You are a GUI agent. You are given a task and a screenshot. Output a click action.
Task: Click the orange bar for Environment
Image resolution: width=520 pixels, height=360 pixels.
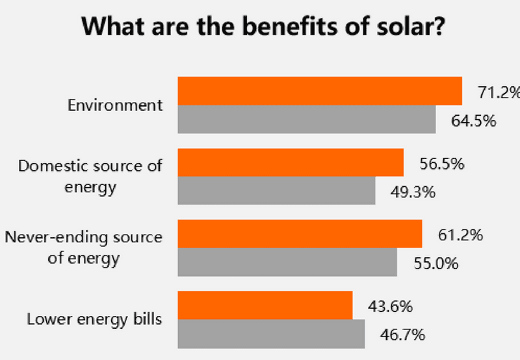(320, 91)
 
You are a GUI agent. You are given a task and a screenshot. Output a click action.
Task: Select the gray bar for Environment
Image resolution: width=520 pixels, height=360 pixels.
(307, 119)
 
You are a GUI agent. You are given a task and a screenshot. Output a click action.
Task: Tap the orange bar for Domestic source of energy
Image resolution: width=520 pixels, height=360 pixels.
(291, 162)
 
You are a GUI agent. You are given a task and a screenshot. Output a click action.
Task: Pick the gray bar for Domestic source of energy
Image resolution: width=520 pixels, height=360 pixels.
(277, 190)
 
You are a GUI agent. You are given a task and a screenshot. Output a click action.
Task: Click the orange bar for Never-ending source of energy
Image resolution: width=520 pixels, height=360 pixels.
(300, 233)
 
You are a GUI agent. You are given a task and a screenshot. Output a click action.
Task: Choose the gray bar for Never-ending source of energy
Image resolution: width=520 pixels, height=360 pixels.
(287, 262)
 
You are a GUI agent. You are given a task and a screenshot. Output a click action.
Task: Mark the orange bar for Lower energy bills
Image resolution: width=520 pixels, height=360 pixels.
(265, 305)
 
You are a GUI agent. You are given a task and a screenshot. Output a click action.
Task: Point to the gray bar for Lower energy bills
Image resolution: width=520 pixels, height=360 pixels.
(271, 333)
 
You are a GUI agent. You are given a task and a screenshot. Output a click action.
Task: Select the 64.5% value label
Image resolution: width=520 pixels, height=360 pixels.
(474, 120)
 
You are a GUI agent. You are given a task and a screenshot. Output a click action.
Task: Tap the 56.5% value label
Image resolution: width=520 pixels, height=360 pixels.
(441, 164)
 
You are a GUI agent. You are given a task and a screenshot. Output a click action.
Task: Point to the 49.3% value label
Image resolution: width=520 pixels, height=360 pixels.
(413, 192)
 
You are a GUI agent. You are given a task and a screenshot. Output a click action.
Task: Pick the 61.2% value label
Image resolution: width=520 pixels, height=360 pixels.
(460, 235)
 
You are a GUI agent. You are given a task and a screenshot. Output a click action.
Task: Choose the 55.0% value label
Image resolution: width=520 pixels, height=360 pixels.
(435, 263)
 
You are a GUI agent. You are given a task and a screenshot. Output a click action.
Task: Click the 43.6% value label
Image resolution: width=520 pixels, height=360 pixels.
(391, 306)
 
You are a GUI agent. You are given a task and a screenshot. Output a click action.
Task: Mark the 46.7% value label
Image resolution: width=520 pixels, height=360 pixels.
(403, 335)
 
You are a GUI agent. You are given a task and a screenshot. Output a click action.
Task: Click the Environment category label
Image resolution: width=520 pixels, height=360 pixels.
(115, 105)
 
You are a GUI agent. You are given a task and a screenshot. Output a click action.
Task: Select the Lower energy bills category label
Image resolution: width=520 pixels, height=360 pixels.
(94, 319)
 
